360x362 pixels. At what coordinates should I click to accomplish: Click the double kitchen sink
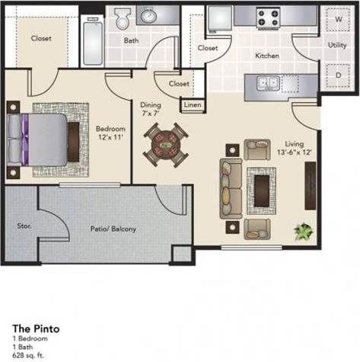coord(267,83)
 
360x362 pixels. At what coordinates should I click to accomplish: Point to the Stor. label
coord(22,226)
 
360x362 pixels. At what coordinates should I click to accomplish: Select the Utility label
coord(337,46)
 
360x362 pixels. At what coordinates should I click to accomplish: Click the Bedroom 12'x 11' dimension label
coord(110,133)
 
